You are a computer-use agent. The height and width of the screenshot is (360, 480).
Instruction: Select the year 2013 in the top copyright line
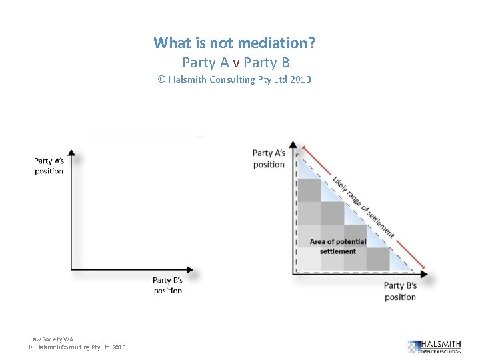[x=301, y=80]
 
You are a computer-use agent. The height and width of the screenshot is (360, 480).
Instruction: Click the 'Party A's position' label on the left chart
[x=49, y=166]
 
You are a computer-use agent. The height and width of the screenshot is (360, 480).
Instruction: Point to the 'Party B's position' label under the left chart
[x=167, y=285]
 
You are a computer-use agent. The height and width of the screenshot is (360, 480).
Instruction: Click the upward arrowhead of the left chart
[x=71, y=154]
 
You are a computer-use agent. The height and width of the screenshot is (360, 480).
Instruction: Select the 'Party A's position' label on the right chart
[x=269, y=159]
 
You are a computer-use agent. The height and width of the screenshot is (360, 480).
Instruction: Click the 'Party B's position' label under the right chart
[x=400, y=291]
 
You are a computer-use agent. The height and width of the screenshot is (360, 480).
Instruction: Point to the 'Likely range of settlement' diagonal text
[x=363, y=207]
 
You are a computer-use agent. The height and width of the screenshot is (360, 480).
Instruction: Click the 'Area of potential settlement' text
[x=338, y=246]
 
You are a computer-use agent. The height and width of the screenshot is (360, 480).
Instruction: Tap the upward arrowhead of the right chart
[x=294, y=145]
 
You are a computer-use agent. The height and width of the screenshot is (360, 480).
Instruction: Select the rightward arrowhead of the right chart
[x=424, y=273]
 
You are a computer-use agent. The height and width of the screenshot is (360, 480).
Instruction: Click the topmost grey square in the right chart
[x=309, y=189]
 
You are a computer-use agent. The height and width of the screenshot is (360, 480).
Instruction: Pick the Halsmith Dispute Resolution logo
[x=434, y=346]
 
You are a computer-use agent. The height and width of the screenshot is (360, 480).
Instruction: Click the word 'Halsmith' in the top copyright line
[x=187, y=80]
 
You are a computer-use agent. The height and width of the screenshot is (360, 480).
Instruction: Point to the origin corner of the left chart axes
[x=71, y=269]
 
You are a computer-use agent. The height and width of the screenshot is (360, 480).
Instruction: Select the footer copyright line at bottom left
[x=77, y=347]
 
